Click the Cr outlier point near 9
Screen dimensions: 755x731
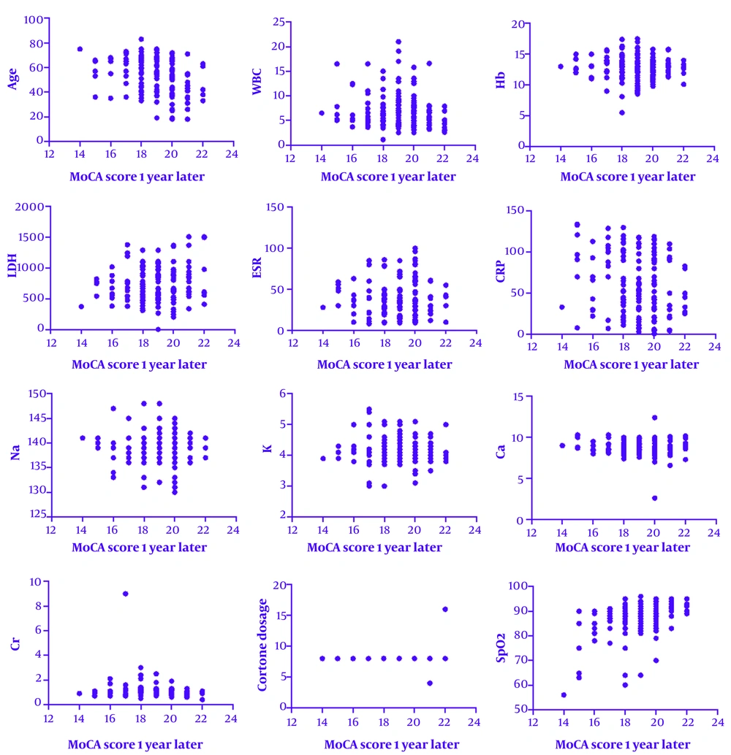(x=125, y=594)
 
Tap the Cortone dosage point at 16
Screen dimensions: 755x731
(x=444, y=609)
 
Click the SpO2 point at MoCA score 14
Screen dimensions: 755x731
(x=564, y=695)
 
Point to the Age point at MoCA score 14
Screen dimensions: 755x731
(x=80, y=49)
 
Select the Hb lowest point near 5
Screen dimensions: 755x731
(x=622, y=112)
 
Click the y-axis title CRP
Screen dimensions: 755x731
(x=504, y=270)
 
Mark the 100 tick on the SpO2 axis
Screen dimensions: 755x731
(x=520, y=586)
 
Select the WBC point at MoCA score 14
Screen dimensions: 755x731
(x=321, y=113)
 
